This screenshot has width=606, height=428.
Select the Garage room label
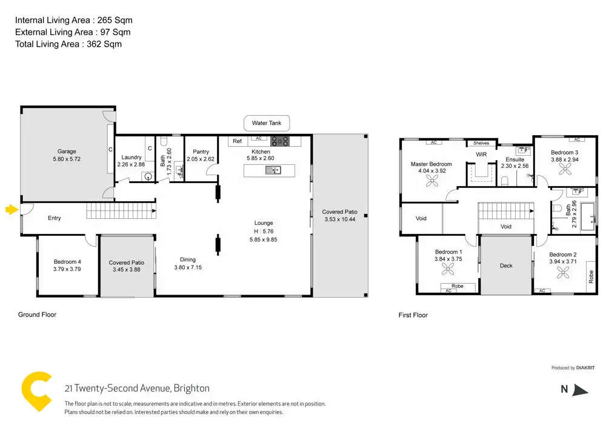tap(67, 152)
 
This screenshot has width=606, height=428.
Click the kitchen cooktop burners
tap(280, 141)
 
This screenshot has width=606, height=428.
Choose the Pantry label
tap(201, 152)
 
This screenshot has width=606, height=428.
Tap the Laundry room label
tap(131, 158)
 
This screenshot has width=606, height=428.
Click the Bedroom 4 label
tap(67, 262)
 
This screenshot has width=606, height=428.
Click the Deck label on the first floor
tap(506, 266)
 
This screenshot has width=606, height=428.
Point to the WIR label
tap(481, 155)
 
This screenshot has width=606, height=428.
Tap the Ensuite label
tap(515, 159)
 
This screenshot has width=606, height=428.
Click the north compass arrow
tap(580, 390)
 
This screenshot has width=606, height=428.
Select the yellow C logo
tap(36, 392)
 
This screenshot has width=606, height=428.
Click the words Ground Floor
tap(37, 315)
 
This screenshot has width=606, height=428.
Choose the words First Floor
tap(413, 315)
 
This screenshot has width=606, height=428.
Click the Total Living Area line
tap(68, 44)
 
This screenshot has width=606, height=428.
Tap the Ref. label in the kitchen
tap(238, 141)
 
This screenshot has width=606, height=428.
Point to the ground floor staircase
tap(119, 212)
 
